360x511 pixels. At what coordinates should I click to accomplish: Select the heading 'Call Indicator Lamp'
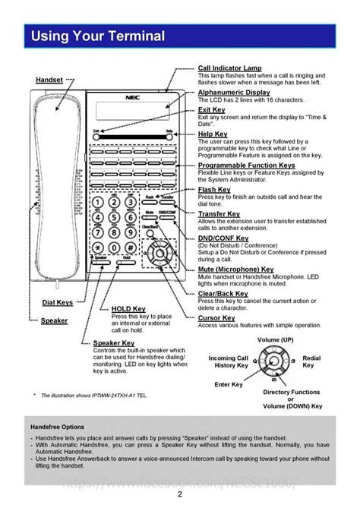(x=229, y=68)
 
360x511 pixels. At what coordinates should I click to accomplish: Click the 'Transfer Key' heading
(x=219, y=214)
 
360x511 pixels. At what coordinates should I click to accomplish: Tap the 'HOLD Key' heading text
(x=128, y=309)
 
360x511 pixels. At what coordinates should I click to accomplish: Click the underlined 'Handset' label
(x=49, y=80)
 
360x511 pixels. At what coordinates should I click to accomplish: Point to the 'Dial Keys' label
(x=57, y=303)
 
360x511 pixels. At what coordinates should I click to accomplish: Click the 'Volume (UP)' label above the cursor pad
(x=275, y=339)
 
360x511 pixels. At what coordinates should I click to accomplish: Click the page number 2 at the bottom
(x=180, y=494)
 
